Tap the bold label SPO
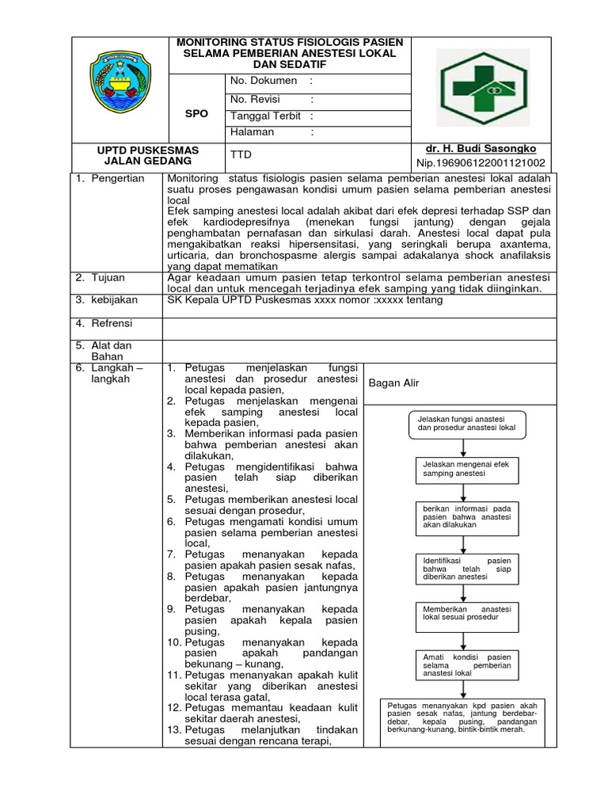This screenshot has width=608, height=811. click(196, 113)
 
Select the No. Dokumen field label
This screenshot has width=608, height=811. click(263, 81)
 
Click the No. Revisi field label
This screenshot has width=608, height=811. click(255, 99)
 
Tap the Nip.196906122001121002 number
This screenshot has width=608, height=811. click(481, 164)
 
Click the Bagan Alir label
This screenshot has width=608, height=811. click(393, 383)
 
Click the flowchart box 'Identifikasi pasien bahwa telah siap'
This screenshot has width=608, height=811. click(467, 569)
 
